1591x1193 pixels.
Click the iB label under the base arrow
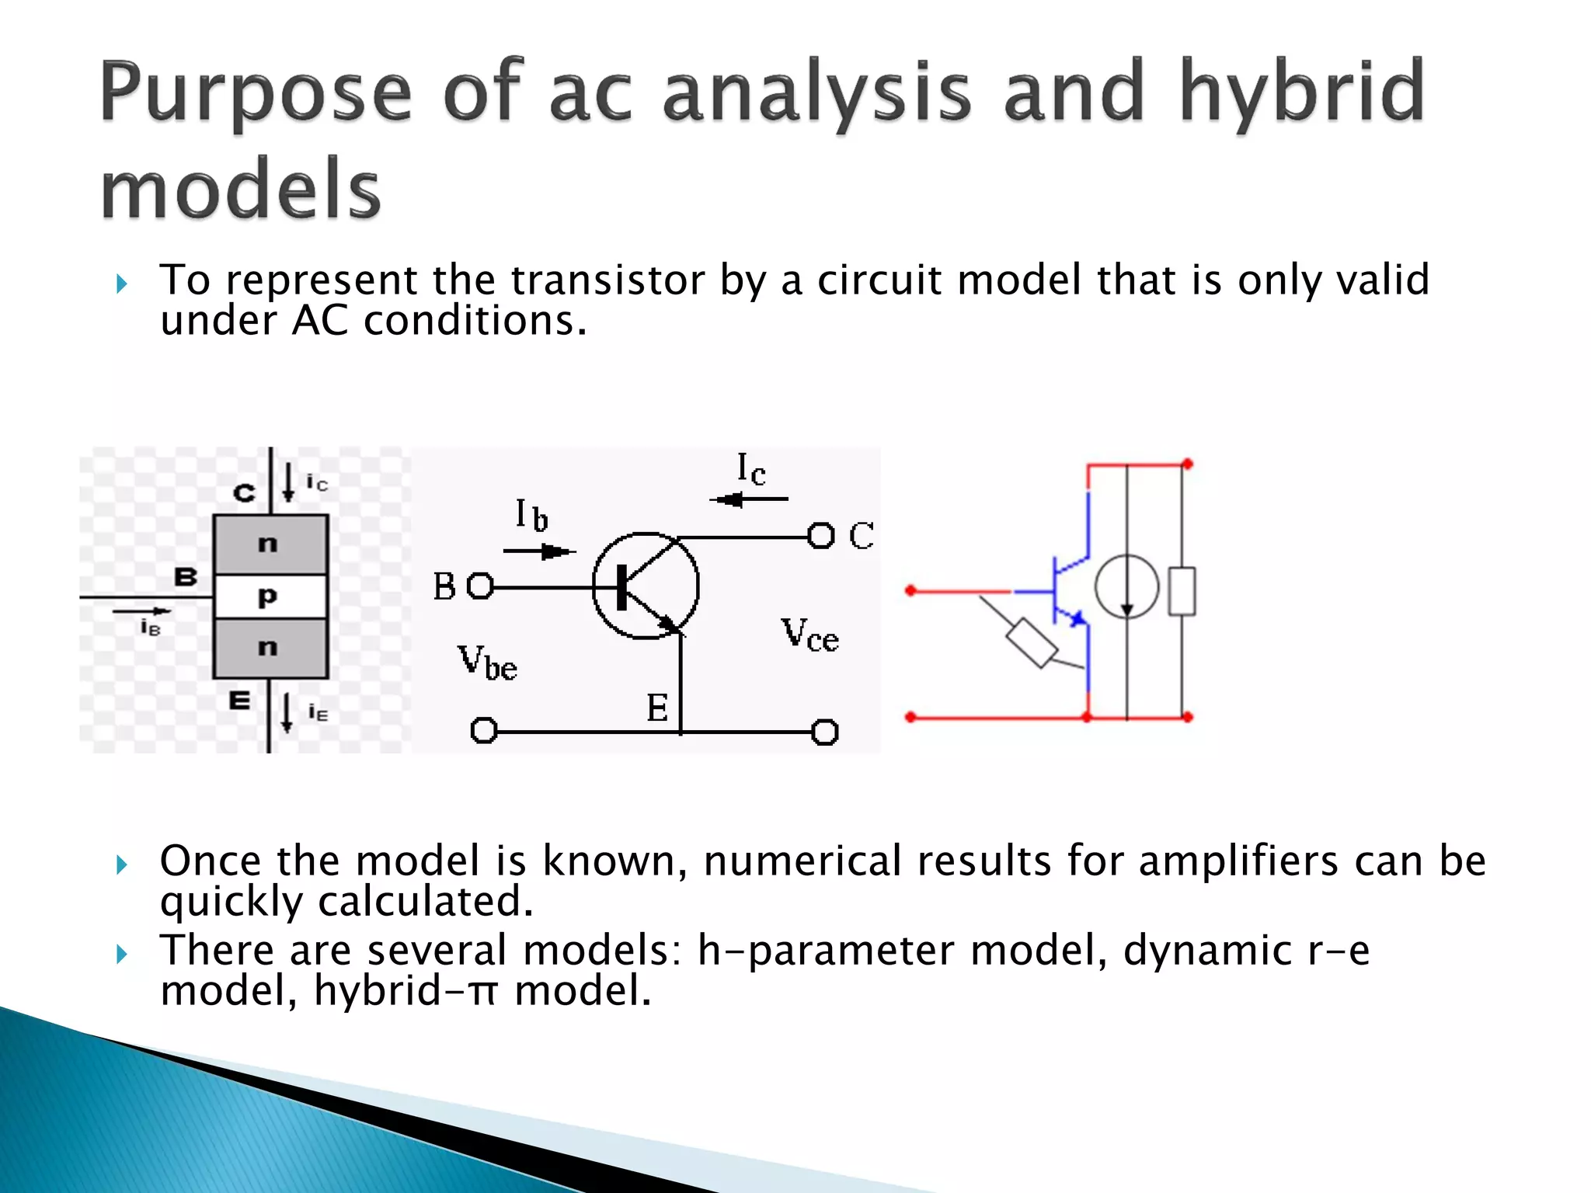(150, 628)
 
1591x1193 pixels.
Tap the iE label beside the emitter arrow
(318, 712)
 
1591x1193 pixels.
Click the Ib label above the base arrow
(532, 515)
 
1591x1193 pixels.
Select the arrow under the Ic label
(748, 499)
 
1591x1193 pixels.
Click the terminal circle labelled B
(481, 586)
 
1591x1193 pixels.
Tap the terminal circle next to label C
(820, 536)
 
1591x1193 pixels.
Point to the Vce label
(809, 635)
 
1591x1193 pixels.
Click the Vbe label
(487, 663)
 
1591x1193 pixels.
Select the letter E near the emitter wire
(657, 708)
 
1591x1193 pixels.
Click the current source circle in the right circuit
(1126, 587)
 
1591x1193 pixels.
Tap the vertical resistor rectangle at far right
(1182, 592)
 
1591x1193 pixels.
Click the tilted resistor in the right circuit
(1032, 643)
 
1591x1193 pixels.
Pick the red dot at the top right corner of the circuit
(1187, 464)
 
